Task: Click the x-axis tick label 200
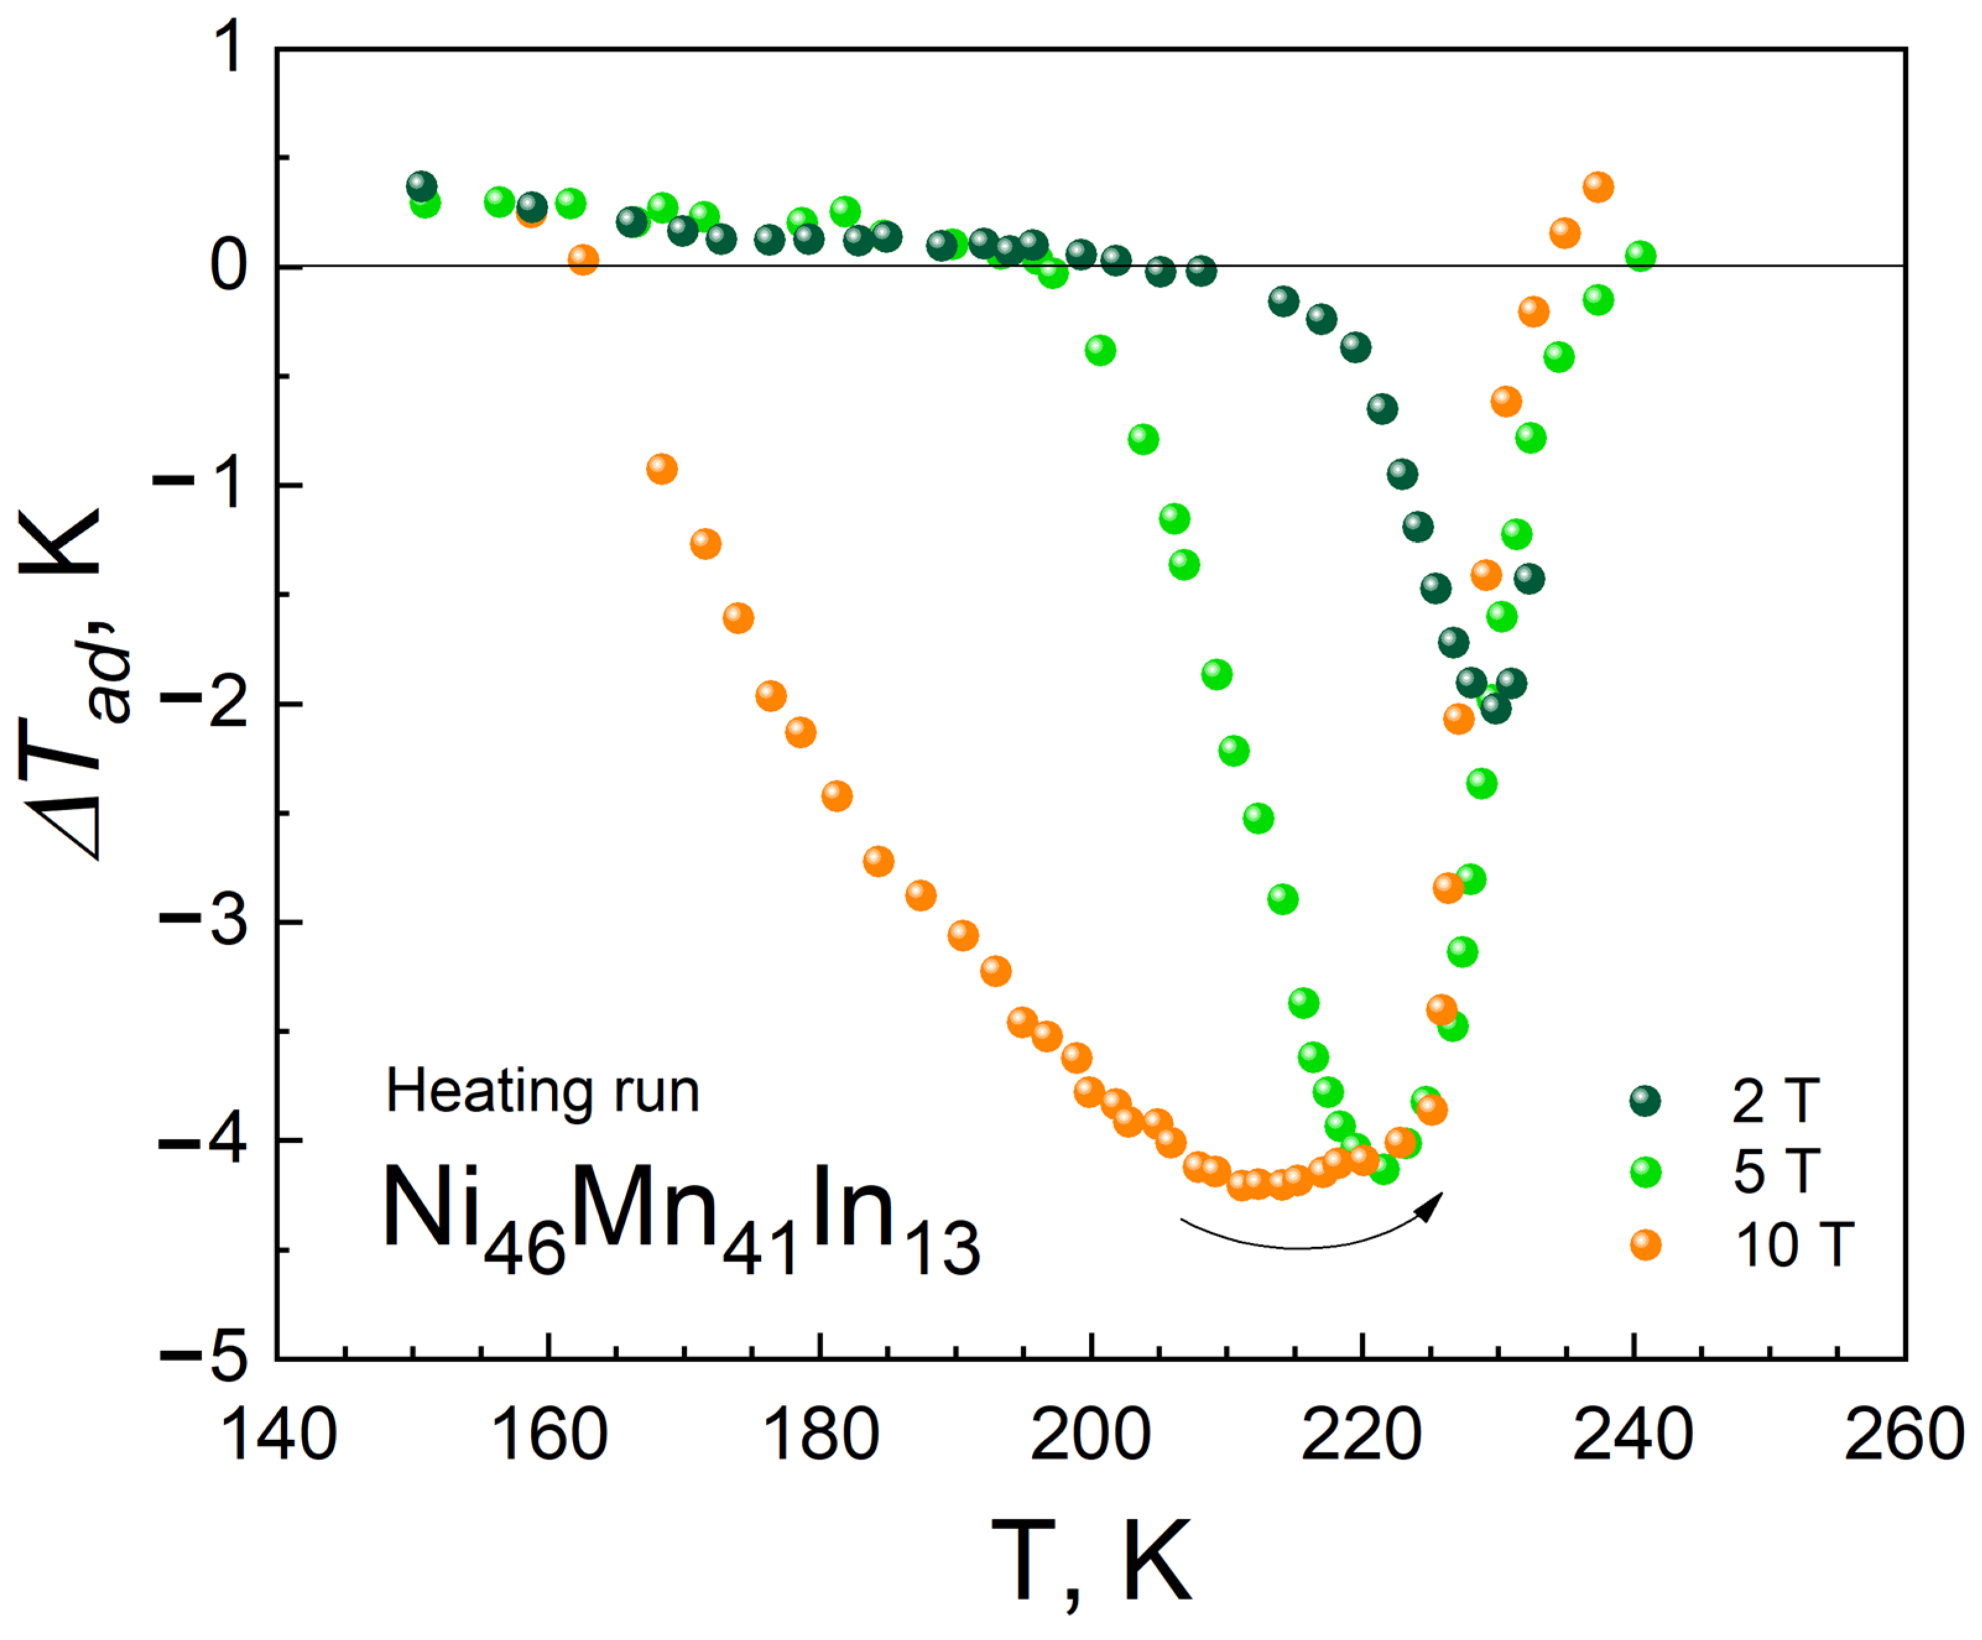coord(1090,1436)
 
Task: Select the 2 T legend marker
coord(1645,1101)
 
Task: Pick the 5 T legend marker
coord(1645,1173)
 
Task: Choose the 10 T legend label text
coord(1794,1245)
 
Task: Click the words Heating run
coord(543,1092)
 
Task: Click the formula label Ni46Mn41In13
coord(680,1217)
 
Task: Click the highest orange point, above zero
coord(1598,187)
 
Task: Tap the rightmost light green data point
coord(1641,255)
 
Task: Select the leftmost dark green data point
coord(422,186)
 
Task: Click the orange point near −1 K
coord(663,469)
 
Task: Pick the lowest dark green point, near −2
coord(1496,708)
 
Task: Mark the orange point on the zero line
coord(583,259)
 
